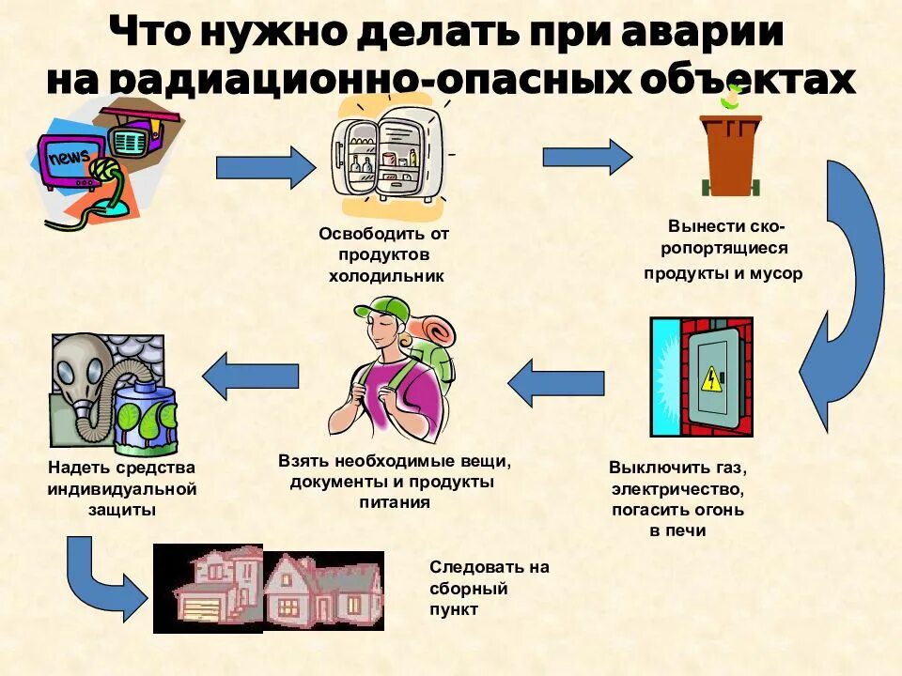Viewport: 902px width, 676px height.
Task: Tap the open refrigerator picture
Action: point(388,155)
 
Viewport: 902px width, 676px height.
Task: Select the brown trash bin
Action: point(730,150)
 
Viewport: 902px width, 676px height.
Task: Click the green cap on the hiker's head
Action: point(383,310)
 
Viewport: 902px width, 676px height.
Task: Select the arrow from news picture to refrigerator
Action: point(266,167)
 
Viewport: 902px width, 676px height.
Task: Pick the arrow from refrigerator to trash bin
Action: point(587,157)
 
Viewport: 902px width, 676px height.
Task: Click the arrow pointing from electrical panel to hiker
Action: point(556,383)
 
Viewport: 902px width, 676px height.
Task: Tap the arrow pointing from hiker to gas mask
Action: point(250,375)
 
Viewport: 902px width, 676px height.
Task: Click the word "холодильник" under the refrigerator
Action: point(385,276)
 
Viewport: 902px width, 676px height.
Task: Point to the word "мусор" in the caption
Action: point(776,274)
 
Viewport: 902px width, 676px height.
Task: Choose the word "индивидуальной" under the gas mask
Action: point(122,488)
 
